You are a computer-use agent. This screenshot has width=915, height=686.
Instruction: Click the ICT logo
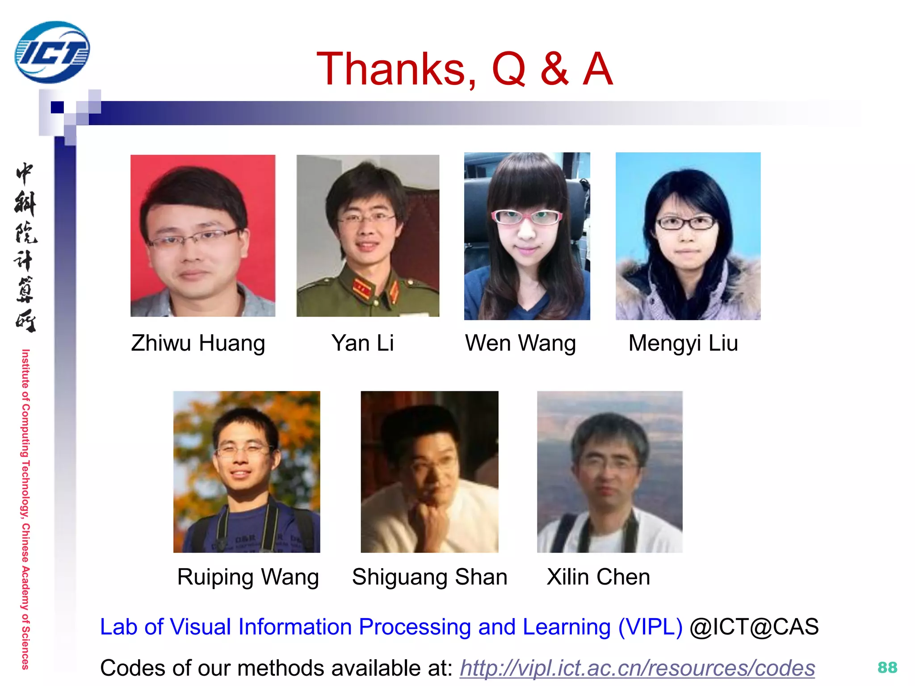pyautogui.click(x=52, y=52)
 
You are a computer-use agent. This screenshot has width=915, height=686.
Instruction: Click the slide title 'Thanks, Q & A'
pyautogui.click(x=464, y=69)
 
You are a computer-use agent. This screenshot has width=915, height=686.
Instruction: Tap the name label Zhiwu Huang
pyautogui.click(x=198, y=343)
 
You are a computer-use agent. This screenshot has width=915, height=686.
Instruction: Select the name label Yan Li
pyautogui.click(x=362, y=343)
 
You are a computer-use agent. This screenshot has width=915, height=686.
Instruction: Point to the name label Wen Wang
pyautogui.click(x=520, y=343)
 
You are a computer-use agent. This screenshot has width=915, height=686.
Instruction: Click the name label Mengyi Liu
pyautogui.click(x=683, y=343)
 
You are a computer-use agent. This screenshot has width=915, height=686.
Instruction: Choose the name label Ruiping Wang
pyautogui.click(x=248, y=577)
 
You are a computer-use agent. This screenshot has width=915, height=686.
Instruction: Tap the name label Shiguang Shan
pyautogui.click(x=429, y=577)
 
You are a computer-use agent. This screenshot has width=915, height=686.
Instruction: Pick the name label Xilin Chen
pyautogui.click(x=598, y=577)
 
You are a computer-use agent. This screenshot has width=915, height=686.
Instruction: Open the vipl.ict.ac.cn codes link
pyautogui.click(x=638, y=668)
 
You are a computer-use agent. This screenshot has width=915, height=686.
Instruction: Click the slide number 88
pyautogui.click(x=887, y=668)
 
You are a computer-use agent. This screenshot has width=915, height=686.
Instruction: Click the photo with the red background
pyautogui.click(x=203, y=235)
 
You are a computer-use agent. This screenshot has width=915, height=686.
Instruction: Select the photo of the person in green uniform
pyautogui.click(x=368, y=235)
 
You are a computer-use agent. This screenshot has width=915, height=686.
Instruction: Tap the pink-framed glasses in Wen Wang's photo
pyautogui.click(x=527, y=218)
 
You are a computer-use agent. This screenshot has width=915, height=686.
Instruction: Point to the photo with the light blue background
pyautogui.click(x=688, y=236)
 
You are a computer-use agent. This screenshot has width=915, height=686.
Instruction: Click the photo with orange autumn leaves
pyautogui.click(x=247, y=472)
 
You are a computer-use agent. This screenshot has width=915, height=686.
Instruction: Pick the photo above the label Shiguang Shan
pyautogui.click(x=429, y=472)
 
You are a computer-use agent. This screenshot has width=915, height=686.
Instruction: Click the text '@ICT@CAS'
pyautogui.click(x=754, y=627)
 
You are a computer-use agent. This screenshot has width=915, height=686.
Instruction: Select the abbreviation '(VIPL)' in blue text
pyautogui.click(x=650, y=627)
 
